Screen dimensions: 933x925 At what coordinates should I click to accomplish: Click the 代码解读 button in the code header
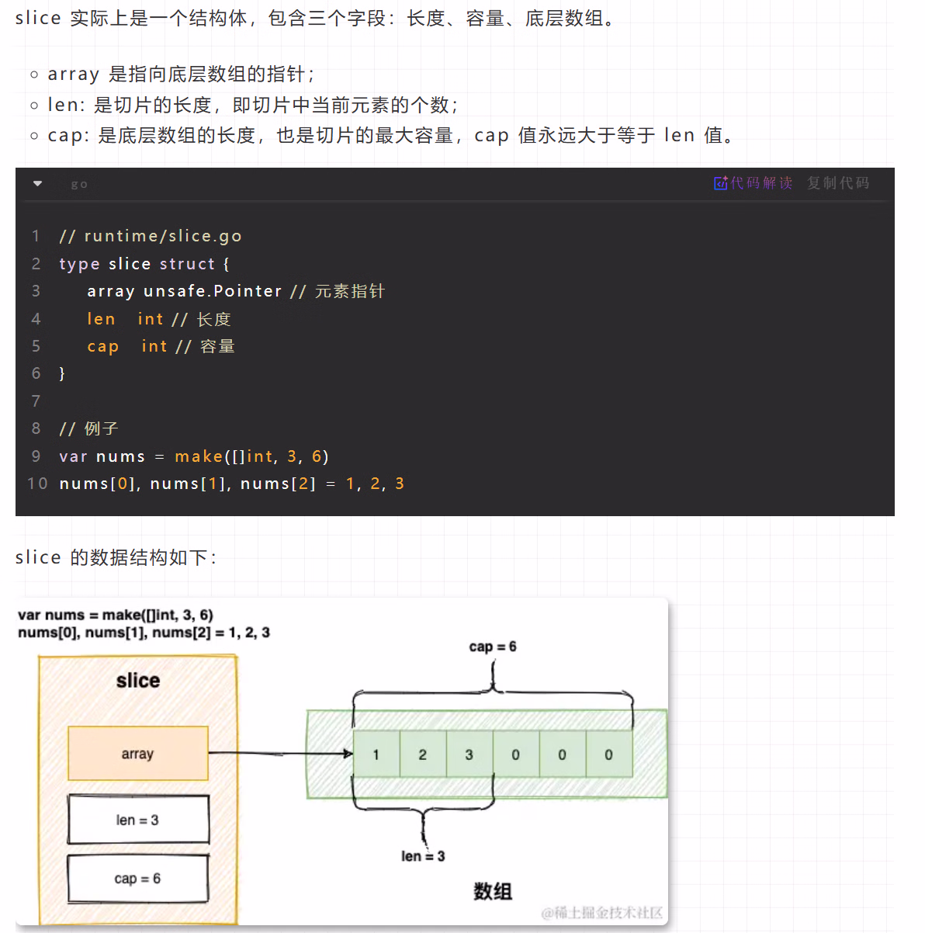coord(754,183)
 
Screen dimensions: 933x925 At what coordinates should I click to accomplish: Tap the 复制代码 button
coord(838,183)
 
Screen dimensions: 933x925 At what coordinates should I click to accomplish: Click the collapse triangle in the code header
coord(37,184)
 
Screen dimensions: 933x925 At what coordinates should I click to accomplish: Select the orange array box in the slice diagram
coord(138,753)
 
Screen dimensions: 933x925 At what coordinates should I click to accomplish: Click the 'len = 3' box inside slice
coord(138,820)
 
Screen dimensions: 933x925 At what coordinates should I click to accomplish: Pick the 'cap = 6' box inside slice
coord(138,879)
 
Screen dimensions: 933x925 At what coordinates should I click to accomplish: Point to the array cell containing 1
coord(376,754)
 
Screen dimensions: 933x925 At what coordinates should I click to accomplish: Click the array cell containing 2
coord(423,754)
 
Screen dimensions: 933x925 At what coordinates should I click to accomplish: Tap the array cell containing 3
coord(469,754)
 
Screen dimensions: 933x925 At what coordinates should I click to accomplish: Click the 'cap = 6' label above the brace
coord(493,647)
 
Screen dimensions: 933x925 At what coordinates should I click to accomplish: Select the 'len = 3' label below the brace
coord(423,856)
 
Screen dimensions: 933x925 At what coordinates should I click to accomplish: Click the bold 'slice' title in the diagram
coord(138,681)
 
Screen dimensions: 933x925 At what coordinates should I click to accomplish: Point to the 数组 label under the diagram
coord(493,891)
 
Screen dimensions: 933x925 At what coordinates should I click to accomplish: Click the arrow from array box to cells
coord(279,753)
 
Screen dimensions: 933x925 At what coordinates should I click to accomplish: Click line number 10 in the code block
coord(37,484)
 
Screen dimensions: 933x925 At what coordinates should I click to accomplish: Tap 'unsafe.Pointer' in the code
coord(213,291)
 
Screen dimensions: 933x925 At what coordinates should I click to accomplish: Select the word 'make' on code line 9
coord(199,456)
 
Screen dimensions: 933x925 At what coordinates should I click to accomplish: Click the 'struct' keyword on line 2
coord(187,264)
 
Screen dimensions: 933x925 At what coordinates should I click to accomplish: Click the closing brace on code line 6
coord(62,373)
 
